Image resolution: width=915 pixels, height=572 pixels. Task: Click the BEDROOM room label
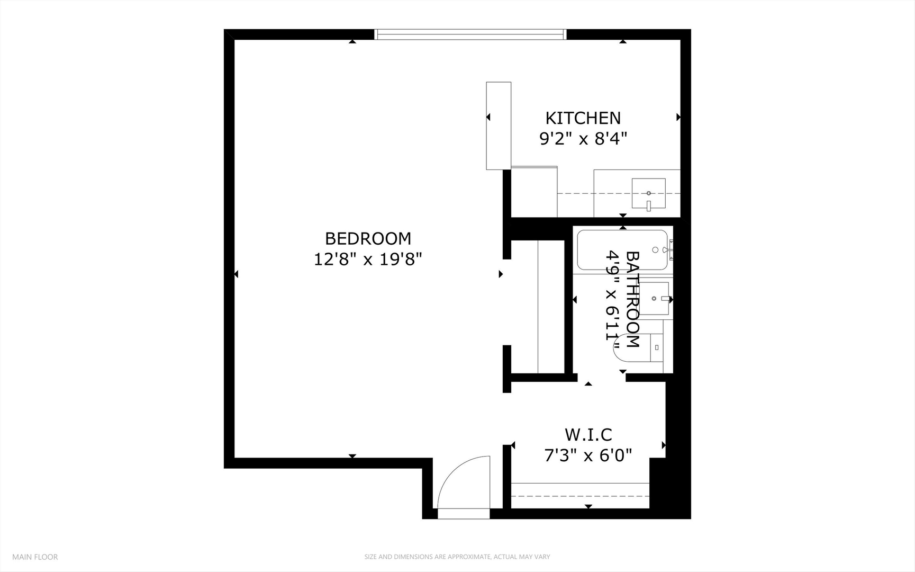point(368,239)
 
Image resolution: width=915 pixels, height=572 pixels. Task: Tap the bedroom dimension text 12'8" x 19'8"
point(368,260)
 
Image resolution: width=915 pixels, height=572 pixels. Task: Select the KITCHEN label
point(583,118)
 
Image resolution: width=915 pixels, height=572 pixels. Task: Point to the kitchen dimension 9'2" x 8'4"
point(583,139)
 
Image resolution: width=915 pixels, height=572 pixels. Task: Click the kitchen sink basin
point(648,193)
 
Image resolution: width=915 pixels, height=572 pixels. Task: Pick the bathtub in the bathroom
point(622,250)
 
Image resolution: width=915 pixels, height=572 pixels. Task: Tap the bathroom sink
point(655,298)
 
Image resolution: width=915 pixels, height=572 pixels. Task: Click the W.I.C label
point(588,435)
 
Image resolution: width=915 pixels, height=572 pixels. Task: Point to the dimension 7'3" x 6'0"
point(588,455)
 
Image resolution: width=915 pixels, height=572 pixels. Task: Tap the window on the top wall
point(470,34)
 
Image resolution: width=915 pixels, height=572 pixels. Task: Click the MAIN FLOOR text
point(35,557)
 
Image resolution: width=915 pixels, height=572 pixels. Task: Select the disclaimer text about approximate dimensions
point(457,557)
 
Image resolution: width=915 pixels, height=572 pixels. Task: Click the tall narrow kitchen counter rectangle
point(499,126)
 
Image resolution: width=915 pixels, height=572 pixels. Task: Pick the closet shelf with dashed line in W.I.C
point(580,496)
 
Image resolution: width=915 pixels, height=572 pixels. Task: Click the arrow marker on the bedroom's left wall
point(236,274)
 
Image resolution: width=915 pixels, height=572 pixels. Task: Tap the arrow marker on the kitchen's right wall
point(678,117)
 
